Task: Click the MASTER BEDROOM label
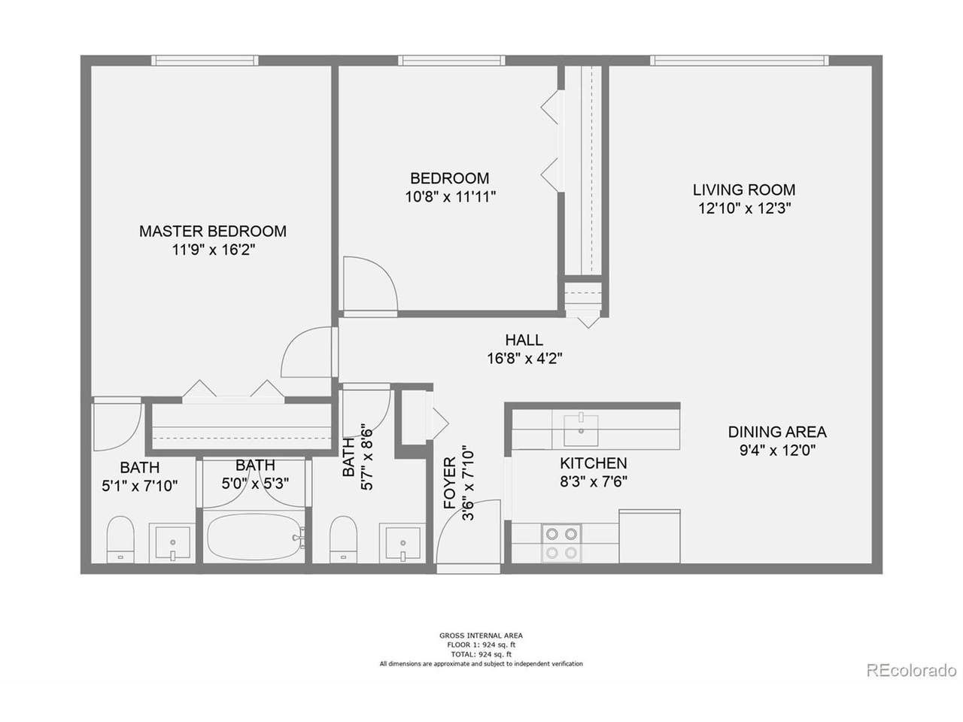click(x=213, y=231)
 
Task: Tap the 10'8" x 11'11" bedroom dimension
click(x=450, y=197)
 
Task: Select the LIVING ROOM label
click(x=744, y=190)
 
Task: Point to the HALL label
click(x=524, y=340)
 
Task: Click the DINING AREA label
click(x=777, y=432)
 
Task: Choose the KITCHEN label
click(x=593, y=463)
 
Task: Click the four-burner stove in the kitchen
click(x=561, y=543)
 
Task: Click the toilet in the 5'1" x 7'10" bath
click(x=120, y=539)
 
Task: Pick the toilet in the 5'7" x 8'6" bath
click(x=344, y=539)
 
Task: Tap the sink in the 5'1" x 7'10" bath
click(x=172, y=543)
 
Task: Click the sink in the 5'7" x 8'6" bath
click(x=403, y=543)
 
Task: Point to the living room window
click(x=740, y=60)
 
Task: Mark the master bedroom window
click(x=205, y=60)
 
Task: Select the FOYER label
click(x=450, y=483)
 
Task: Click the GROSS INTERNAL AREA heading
click(x=481, y=636)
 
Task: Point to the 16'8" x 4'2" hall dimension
click(x=524, y=359)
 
